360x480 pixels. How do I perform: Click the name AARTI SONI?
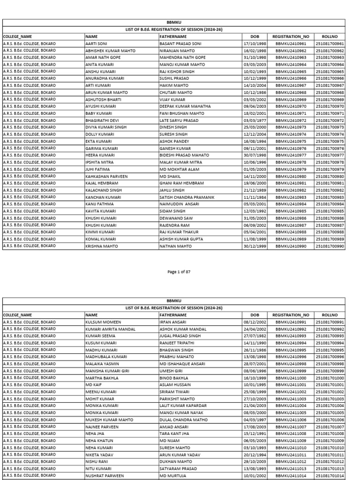(x=97, y=44)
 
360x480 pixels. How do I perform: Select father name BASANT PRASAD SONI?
(x=180, y=44)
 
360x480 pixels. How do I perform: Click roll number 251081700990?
(x=330, y=246)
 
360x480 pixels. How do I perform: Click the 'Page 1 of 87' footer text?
(x=179, y=271)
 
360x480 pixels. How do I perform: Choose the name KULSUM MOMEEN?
(x=103, y=322)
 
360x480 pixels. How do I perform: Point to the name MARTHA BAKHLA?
(x=101, y=378)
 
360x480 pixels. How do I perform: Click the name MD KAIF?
(x=93, y=385)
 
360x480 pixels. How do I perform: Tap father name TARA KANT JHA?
(x=176, y=434)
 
